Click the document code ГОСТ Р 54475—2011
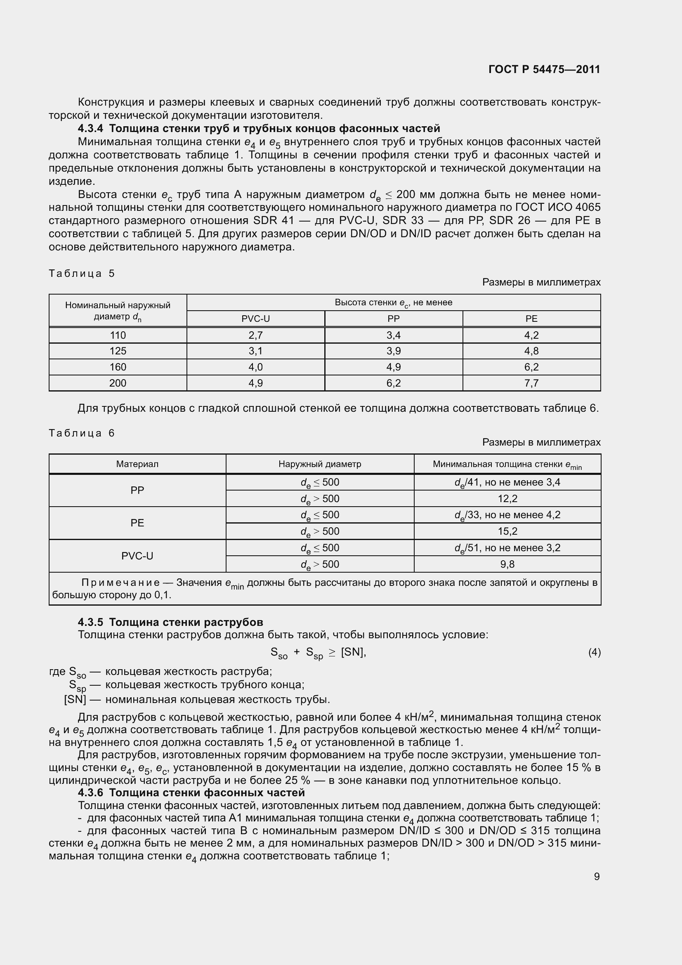[x=544, y=69]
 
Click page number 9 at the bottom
[x=597, y=876]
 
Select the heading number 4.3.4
[x=90, y=128]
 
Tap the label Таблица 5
[x=82, y=274]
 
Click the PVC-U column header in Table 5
[x=255, y=319]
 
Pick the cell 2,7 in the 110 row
[x=255, y=335]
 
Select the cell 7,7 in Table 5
[x=531, y=383]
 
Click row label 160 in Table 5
[x=118, y=367]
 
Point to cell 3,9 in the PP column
[x=393, y=351]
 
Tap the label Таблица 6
[x=82, y=433]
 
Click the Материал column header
[x=137, y=464]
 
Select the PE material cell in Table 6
[x=137, y=523]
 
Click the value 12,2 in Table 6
[x=507, y=498]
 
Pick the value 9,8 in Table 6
[x=507, y=564]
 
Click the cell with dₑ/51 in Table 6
[x=507, y=547]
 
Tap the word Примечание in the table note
[x=120, y=583]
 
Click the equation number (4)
[x=594, y=652]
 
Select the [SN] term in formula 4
[x=353, y=652]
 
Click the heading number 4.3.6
[x=90, y=793]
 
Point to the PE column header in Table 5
[x=531, y=319]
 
